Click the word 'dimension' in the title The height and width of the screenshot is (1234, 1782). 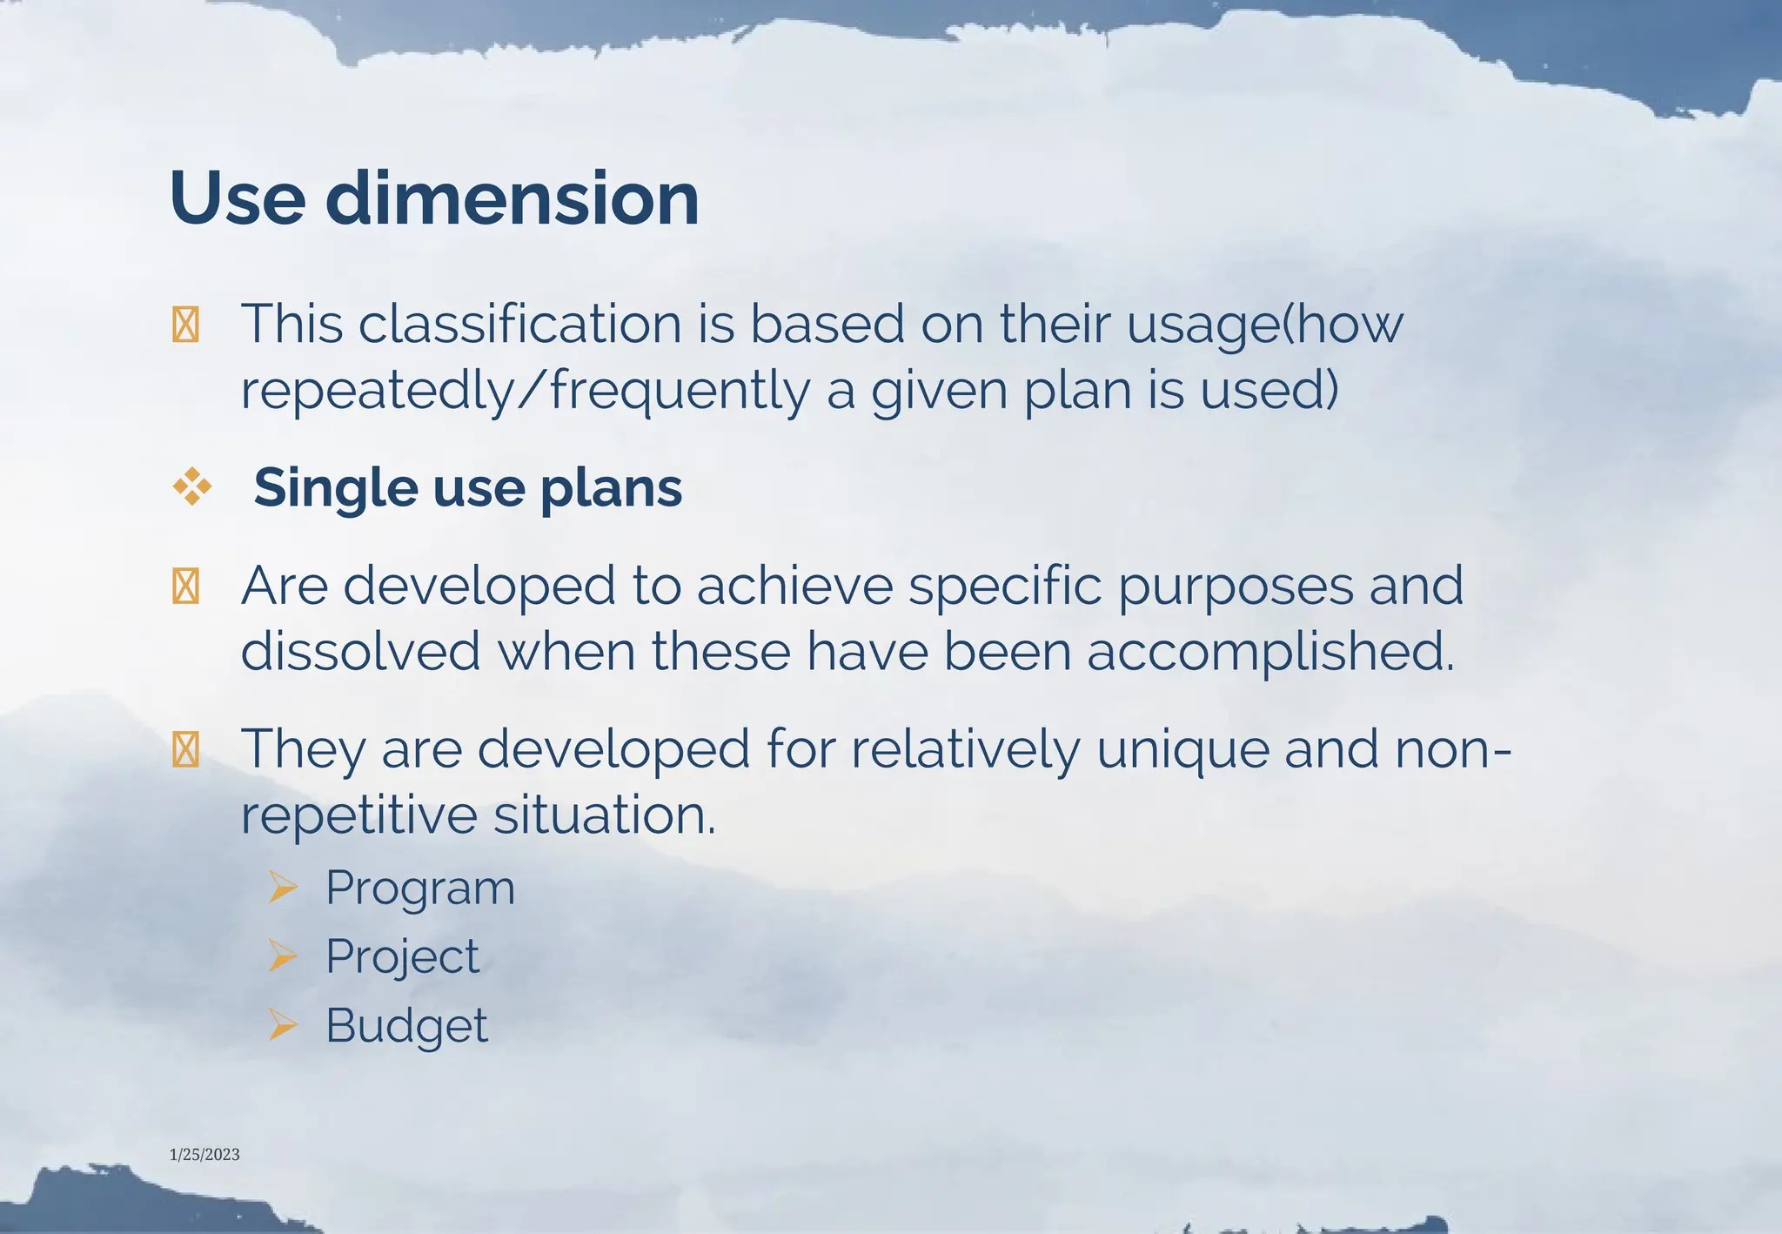(x=512, y=199)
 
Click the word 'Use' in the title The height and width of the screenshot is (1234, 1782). (x=238, y=199)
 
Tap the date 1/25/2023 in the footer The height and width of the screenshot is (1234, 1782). (x=204, y=1155)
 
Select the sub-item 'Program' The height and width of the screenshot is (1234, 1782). (x=420, y=889)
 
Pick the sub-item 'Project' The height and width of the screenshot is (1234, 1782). (x=402, y=957)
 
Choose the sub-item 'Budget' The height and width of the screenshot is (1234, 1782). (x=406, y=1025)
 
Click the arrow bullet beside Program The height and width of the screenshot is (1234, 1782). (x=283, y=887)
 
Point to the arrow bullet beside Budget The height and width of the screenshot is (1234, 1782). (x=283, y=1024)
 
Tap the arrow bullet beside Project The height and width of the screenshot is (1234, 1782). (x=283, y=956)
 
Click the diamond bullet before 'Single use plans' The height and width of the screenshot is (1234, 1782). (x=192, y=486)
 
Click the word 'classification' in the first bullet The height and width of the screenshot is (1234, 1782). (x=520, y=324)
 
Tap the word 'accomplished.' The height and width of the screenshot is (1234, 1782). (x=1270, y=652)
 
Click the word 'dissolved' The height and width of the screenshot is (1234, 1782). (x=360, y=652)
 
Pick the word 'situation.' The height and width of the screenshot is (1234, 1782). (x=605, y=815)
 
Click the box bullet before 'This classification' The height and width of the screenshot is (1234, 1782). (x=186, y=325)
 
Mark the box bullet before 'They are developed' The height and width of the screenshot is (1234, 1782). (x=186, y=749)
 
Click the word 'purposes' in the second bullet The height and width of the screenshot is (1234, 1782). (x=1236, y=586)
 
